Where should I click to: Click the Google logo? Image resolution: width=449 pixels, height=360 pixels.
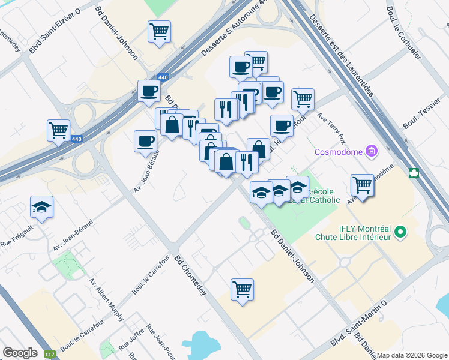(20, 353)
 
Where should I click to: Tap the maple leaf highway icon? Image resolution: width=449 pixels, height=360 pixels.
(414, 173)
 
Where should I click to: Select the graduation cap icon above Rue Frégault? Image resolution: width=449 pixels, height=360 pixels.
(41, 207)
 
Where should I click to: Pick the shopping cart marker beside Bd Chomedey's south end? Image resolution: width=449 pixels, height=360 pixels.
(242, 290)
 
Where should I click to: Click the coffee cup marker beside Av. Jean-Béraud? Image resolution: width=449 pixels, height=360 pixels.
(145, 142)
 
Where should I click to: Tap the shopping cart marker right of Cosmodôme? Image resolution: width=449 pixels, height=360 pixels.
(363, 184)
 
